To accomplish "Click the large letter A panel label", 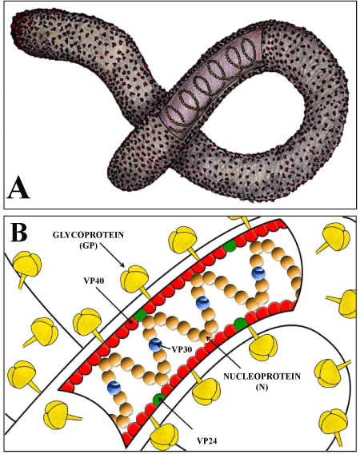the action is (18, 187).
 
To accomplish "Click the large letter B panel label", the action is (19, 232).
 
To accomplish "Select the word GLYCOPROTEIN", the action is (88, 234).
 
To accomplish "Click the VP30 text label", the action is (182, 349).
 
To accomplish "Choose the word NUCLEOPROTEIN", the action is (262, 376).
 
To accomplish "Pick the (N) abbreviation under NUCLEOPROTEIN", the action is (262, 388).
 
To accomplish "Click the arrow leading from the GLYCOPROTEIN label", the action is (112, 256).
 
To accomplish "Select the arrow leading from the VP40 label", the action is (114, 304).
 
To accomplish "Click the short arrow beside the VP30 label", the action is (164, 346).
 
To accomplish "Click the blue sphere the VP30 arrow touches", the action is (155, 344).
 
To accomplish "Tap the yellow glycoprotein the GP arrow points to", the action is (135, 280).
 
